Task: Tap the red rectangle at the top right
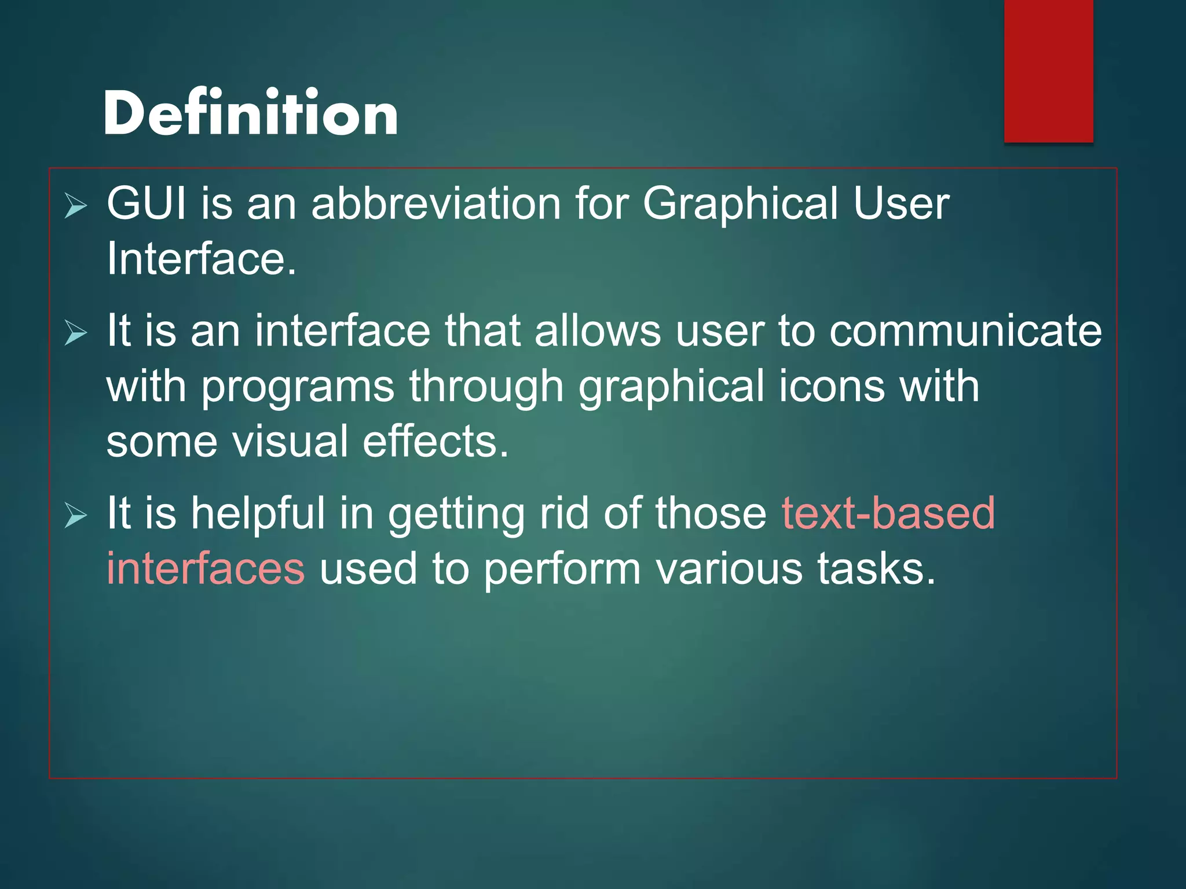1048,71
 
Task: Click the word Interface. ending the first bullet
201,259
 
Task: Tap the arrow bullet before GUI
76,206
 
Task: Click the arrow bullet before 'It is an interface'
76,333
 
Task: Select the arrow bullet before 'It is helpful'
76,516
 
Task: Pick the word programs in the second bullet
298,388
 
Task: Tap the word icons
832,387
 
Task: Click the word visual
290,442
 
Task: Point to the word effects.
435,442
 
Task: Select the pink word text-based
888,513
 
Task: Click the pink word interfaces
206,568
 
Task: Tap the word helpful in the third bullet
258,514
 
